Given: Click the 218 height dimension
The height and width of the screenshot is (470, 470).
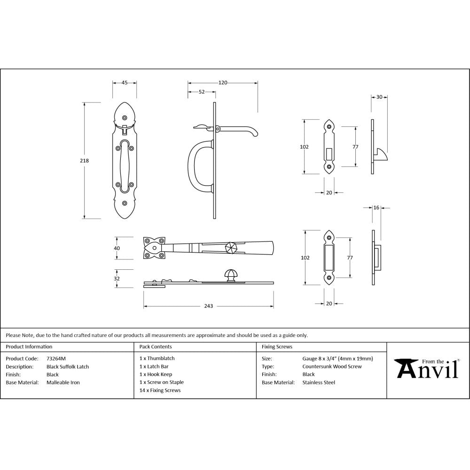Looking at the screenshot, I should [85, 161].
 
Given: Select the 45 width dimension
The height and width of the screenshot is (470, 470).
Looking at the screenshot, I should [125, 83].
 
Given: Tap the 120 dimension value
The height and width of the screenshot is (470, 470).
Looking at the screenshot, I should [223, 83].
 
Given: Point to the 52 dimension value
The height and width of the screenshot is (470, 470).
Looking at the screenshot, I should [202, 92].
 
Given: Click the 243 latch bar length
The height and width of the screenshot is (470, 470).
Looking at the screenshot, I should [209, 306].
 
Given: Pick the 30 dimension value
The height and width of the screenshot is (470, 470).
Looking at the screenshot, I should [379, 97].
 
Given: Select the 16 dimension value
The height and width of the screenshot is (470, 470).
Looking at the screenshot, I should [376, 207].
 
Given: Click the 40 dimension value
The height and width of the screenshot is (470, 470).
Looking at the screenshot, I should [117, 248].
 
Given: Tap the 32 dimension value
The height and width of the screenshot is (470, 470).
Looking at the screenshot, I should [117, 278].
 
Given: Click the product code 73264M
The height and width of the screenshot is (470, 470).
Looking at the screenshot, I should [56, 358].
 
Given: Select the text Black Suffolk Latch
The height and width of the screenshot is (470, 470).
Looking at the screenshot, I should [67, 367].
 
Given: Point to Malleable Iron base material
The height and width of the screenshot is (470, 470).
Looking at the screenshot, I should [63, 383].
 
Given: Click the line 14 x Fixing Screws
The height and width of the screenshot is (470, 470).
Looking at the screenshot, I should [160, 391].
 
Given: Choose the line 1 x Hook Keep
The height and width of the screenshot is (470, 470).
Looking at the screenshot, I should [156, 375].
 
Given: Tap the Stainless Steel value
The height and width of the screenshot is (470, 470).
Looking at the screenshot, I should [319, 383].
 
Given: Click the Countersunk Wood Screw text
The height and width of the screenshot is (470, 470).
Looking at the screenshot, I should [332, 367].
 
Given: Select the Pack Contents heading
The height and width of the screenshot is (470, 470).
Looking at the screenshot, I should [156, 347].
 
